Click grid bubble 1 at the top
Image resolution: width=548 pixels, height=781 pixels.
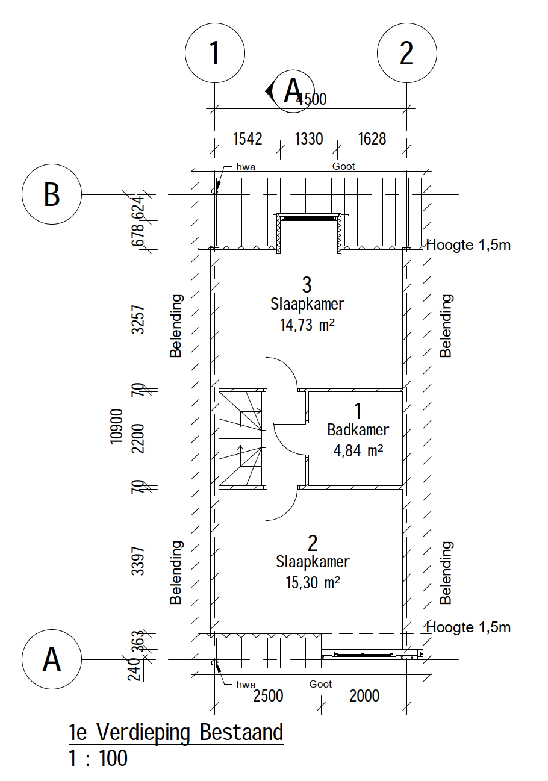[x=215, y=53]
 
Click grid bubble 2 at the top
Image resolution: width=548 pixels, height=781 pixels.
[x=407, y=53]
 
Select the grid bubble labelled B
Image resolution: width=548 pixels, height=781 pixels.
[x=52, y=194]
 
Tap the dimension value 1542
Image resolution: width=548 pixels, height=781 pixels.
[x=248, y=138]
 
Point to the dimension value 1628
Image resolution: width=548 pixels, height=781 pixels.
[x=372, y=138]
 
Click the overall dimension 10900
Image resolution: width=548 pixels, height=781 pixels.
[x=117, y=426]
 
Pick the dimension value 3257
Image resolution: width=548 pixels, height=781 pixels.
[x=138, y=320]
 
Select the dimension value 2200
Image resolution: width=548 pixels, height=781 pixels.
[x=138, y=438]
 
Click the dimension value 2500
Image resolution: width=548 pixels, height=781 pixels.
[x=268, y=696]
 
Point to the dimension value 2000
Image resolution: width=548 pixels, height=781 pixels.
[x=364, y=696]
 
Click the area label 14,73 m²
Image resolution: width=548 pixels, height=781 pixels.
[x=307, y=325]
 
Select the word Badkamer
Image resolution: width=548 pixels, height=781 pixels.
[x=358, y=429]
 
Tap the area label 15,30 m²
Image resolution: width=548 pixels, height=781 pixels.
[x=313, y=582]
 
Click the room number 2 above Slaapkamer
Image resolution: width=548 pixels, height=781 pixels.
[x=313, y=543]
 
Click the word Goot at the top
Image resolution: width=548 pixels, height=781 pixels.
[x=343, y=166]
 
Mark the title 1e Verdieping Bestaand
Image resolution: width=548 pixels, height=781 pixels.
[x=176, y=732]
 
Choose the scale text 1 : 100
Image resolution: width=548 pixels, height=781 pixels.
[x=98, y=758]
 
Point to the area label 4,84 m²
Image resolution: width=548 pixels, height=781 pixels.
[x=358, y=450]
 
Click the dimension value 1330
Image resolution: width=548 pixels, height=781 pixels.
[x=309, y=138]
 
